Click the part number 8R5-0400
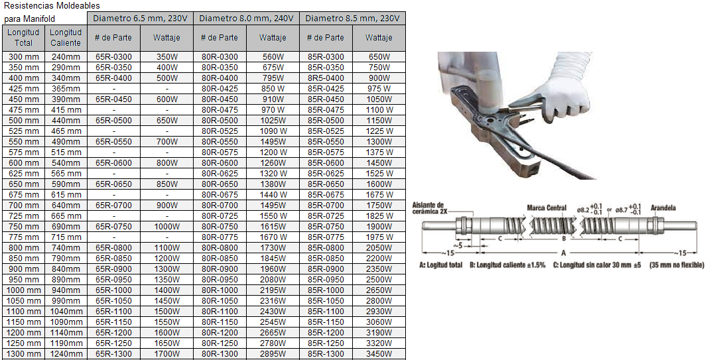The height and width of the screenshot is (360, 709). pyautogui.click(x=326, y=78)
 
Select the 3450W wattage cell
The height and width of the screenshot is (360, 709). pyautogui.click(x=379, y=353)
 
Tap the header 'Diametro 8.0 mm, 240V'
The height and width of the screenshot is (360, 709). pyautogui.click(x=246, y=19)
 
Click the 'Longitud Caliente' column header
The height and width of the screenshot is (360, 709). pyautogui.click(x=66, y=38)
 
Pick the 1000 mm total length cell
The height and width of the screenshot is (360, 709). pyautogui.click(x=23, y=290)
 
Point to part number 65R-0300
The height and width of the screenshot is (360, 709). pyautogui.click(x=113, y=57)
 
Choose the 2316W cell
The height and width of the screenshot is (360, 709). pyautogui.click(x=273, y=301)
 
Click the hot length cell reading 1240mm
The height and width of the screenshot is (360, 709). pyautogui.click(x=66, y=353)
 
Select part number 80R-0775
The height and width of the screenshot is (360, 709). pyautogui.click(x=220, y=237)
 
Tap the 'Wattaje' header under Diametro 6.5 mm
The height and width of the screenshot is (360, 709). pyautogui.click(x=166, y=38)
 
